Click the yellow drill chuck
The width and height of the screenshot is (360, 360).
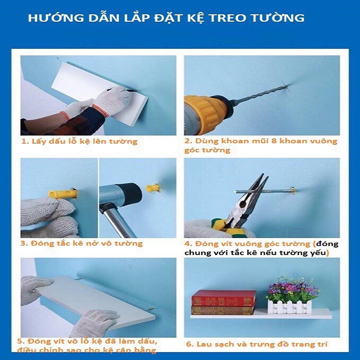pos(207,114)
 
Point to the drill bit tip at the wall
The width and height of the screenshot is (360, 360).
pos(287,86)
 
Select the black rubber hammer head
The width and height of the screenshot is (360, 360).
pos(128,194)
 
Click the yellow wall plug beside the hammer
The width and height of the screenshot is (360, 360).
pos(153,188)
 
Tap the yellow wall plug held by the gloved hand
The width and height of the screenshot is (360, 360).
pos(63,194)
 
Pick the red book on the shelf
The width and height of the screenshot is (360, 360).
pos(223,298)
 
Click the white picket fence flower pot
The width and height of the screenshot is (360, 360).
pos(289,307)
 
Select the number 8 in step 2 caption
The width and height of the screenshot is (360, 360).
pos(274,141)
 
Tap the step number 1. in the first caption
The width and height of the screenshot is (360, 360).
pos(25,141)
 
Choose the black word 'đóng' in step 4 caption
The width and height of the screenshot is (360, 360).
pos(327,243)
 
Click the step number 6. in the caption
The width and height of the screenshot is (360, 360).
pos(190,344)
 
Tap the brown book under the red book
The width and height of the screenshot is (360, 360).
pos(223,310)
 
